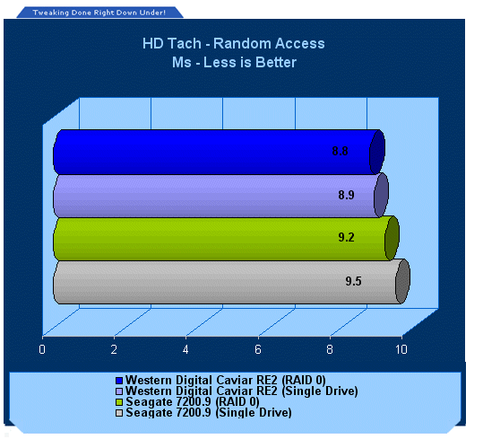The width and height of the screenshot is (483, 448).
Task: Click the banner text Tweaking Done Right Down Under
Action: tap(99, 13)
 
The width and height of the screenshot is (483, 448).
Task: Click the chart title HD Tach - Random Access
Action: tap(234, 43)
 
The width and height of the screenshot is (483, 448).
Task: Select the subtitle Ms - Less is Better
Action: tap(234, 62)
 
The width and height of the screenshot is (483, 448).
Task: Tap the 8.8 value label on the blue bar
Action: tap(341, 151)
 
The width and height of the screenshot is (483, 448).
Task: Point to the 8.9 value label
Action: tap(346, 195)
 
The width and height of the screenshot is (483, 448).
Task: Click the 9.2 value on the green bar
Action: tap(346, 237)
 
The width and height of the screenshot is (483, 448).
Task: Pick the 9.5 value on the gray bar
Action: tap(353, 281)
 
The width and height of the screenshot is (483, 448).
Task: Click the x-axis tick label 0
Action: tap(42, 349)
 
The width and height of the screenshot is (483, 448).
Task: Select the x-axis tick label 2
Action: tap(114, 349)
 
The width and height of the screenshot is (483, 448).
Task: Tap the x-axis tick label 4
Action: tap(185, 349)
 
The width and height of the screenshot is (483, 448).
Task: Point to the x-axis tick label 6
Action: tap(258, 349)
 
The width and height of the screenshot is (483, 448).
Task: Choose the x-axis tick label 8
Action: tap(330, 349)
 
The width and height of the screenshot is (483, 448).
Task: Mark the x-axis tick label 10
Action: tap(401, 349)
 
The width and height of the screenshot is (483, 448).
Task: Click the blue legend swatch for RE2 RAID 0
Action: tap(119, 381)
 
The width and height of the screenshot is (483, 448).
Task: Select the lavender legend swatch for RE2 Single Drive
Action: tap(119, 391)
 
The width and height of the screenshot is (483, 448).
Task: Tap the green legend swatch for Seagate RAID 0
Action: tap(119, 402)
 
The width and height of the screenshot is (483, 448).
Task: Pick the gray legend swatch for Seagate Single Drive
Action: tap(119, 413)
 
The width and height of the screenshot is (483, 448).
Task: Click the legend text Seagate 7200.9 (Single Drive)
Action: tap(209, 412)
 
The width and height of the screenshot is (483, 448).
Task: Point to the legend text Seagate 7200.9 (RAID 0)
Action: tap(193, 401)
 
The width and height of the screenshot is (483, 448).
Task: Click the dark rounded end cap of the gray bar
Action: tap(402, 281)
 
